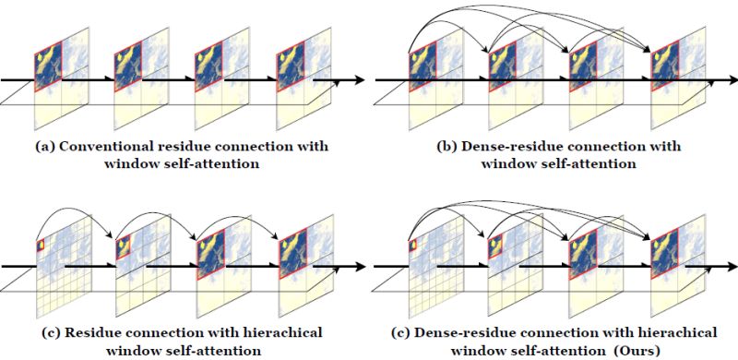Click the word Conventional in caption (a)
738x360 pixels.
112,147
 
